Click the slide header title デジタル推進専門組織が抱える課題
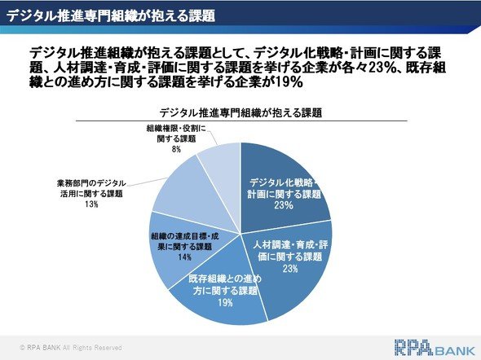point(111,16)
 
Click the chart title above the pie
point(240,112)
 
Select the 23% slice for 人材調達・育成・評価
point(291,264)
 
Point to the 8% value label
point(176,149)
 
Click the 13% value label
point(91,204)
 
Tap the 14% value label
point(185,257)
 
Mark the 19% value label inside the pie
point(226,303)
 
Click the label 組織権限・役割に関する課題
point(176,134)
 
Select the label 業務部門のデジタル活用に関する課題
point(91,188)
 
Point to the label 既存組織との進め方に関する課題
point(225,284)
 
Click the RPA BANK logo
point(435,348)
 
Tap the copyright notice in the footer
point(71,348)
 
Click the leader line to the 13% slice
point(147,182)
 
